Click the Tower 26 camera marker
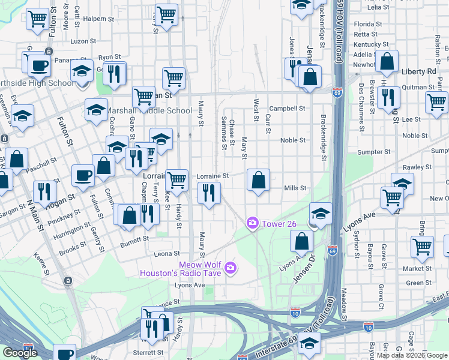(x=253, y=223)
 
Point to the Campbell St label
(x=288, y=109)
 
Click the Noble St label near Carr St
(x=293, y=140)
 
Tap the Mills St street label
(x=295, y=188)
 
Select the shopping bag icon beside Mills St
(x=258, y=179)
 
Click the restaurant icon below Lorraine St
(x=209, y=193)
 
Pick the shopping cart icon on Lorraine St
(x=176, y=179)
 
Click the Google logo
(x=20, y=352)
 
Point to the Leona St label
(x=167, y=254)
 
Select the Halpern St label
(x=94, y=19)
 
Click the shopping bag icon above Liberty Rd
(x=388, y=61)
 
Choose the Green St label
(x=415, y=283)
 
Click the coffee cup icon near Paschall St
(x=83, y=175)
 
